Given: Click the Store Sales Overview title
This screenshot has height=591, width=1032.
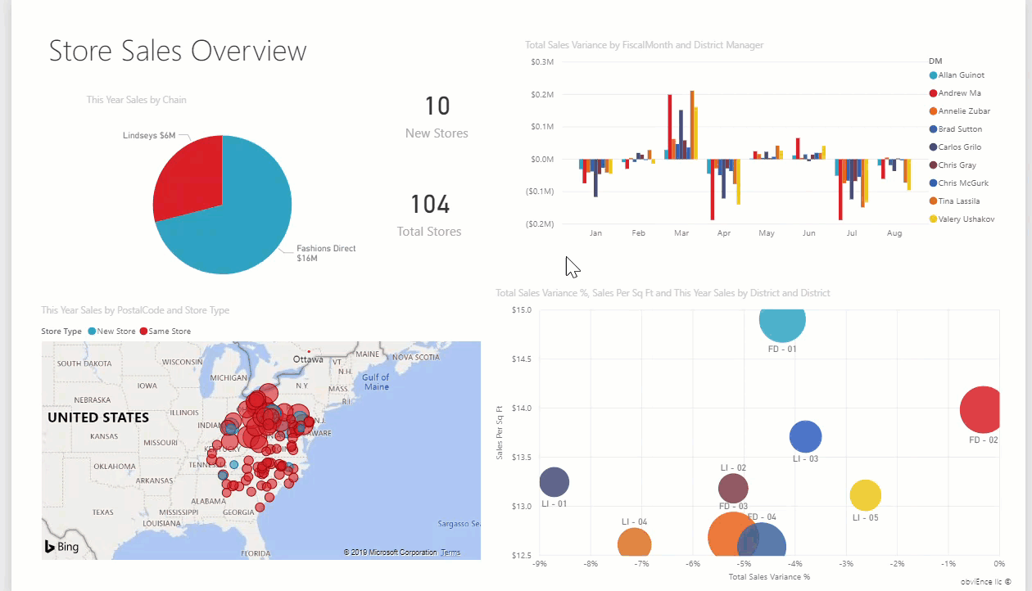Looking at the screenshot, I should (178, 51).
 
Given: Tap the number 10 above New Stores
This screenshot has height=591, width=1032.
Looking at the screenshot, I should (437, 106).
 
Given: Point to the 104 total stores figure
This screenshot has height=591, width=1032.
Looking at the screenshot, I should (430, 205).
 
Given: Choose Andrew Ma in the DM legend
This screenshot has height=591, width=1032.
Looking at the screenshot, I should (959, 93).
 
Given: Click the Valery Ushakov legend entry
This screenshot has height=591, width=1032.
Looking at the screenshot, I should (966, 219).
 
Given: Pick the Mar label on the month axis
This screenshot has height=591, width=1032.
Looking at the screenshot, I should (681, 233).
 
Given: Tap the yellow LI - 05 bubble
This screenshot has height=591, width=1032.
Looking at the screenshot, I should (865, 494).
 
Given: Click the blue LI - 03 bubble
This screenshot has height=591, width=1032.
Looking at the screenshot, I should (806, 436).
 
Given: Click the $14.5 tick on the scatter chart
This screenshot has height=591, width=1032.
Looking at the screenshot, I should (521, 359).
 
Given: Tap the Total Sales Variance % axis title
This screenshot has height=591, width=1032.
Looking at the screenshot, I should (768, 577).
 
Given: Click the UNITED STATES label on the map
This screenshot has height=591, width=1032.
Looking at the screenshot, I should (98, 417).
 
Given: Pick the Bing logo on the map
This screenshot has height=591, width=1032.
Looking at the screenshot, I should (62, 547).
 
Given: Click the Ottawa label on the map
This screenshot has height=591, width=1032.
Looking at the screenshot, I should (309, 359).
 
